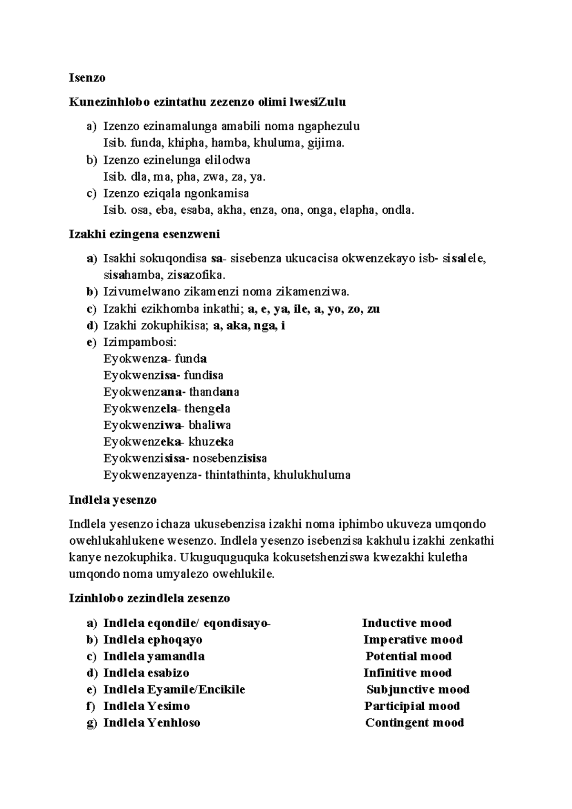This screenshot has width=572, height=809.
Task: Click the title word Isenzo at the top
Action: coord(87,78)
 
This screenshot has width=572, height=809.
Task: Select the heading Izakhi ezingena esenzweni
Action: coord(144,234)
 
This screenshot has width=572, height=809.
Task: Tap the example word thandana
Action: coord(214,392)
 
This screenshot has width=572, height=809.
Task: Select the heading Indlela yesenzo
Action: coord(112,500)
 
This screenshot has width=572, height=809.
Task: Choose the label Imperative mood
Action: coord(413,640)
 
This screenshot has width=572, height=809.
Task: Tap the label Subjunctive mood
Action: coord(418,690)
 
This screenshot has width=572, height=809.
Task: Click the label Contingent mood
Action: coord(414,723)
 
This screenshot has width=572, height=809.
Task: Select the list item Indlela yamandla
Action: coord(154,656)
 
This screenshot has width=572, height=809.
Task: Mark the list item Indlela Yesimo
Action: coord(146,706)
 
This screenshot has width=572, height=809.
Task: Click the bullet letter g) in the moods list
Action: coord(92,723)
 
